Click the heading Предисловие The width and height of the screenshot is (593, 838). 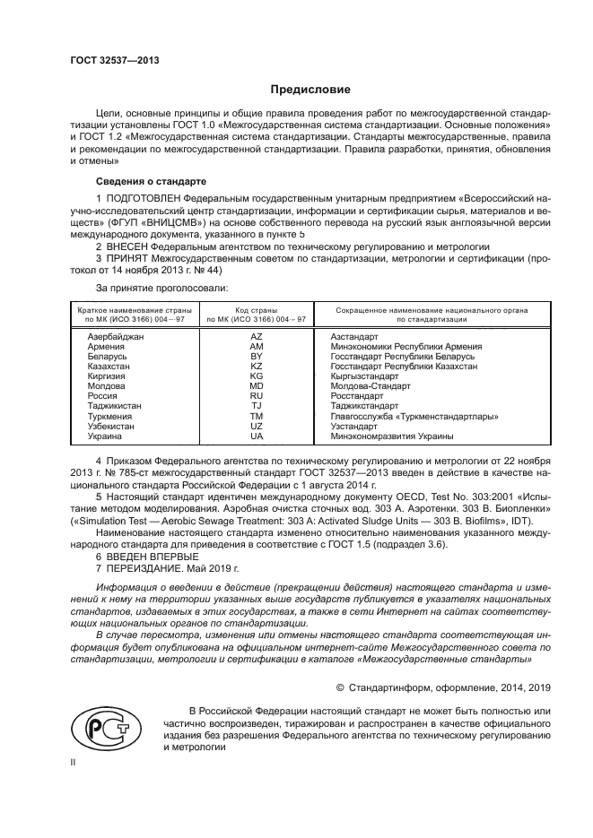(x=310, y=90)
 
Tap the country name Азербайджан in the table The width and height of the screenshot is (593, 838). (x=116, y=335)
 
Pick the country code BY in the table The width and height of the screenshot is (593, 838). (x=256, y=356)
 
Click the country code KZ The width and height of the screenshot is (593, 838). (x=256, y=366)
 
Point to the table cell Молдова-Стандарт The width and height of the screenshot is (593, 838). (x=371, y=386)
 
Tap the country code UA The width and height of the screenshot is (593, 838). (x=256, y=436)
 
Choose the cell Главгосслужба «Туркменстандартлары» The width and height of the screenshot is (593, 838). (x=414, y=416)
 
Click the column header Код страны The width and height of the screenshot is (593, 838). (x=256, y=309)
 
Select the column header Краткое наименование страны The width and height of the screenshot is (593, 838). (x=121, y=309)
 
